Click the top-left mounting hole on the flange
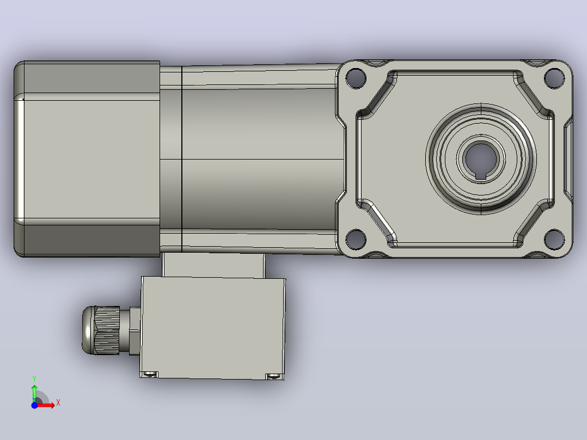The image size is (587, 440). [x=356, y=78]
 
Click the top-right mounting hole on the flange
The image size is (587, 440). [x=554, y=78]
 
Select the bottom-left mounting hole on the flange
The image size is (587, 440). [x=356, y=239]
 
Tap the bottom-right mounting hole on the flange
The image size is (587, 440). [x=554, y=239]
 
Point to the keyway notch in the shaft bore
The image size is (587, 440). [x=481, y=176]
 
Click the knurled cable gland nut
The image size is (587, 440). [x=107, y=331]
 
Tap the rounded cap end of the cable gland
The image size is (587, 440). [x=88, y=331]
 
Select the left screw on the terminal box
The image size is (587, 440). [x=150, y=374]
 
